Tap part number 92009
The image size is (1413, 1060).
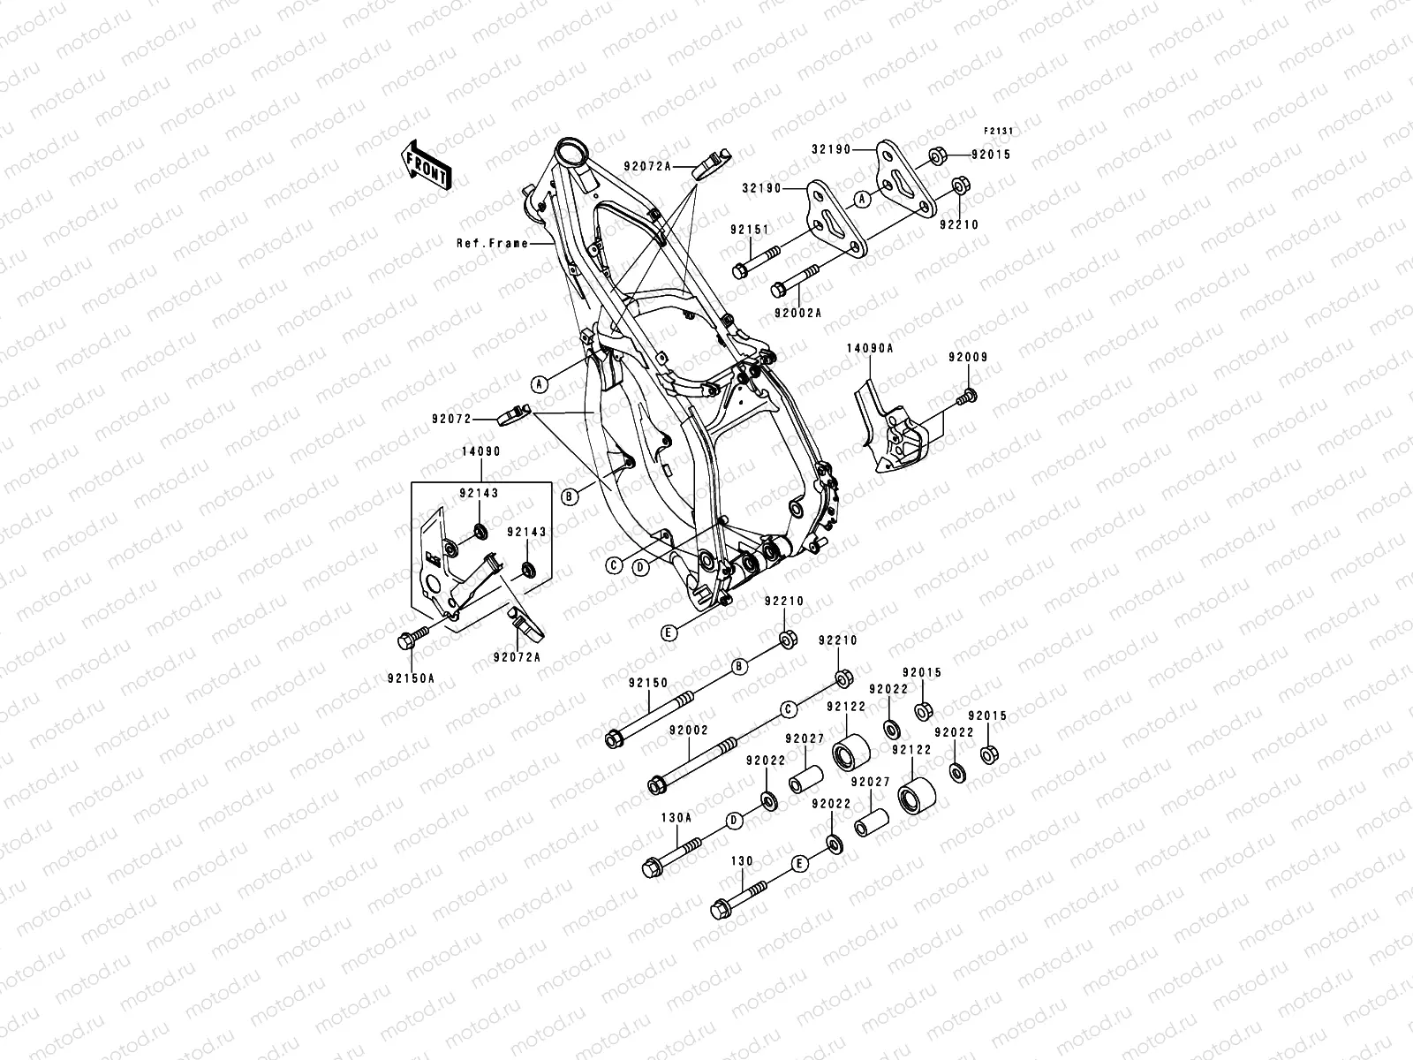click(969, 358)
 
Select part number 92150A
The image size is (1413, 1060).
click(411, 678)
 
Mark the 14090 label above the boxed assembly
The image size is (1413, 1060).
click(480, 451)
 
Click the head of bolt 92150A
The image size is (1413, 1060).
click(407, 640)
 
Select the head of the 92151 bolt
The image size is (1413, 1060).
click(740, 270)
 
